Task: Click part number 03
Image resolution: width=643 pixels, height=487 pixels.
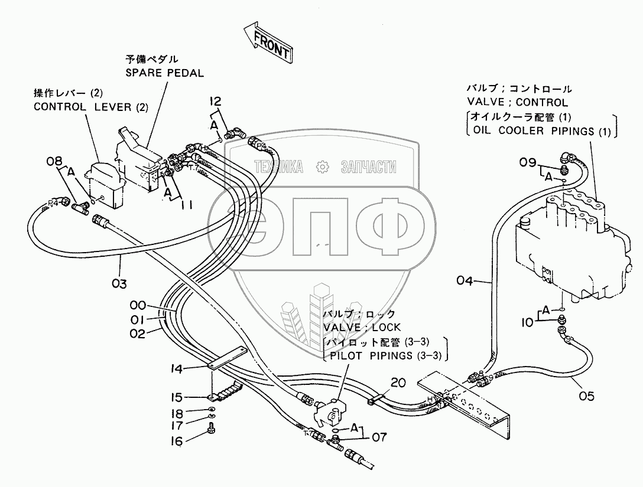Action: click(x=119, y=283)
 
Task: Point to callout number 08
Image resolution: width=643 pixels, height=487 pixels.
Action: click(x=54, y=160)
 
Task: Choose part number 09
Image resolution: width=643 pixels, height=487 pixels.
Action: click(x=528, y=162)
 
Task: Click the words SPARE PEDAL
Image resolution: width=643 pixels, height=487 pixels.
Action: click(x=164, y=73)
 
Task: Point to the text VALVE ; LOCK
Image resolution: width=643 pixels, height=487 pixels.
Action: click(x=361, y=327)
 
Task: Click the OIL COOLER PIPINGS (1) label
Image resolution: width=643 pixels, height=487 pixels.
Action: click(x=538, y=131)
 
